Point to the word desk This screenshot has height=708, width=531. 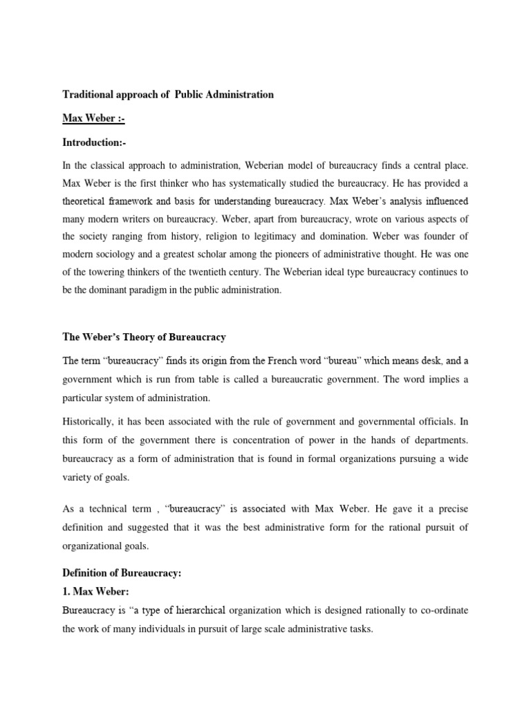[x=430, y=361]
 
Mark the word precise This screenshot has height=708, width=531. [x=449, y=509]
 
